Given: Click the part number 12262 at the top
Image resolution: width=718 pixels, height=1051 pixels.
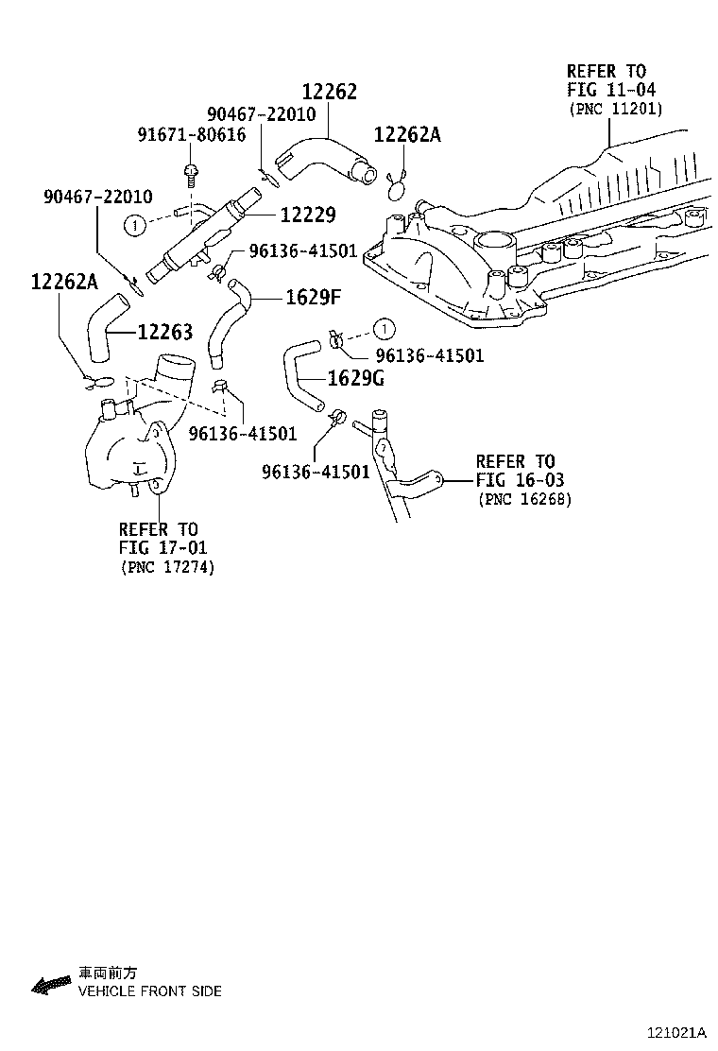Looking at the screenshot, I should coord(330,92).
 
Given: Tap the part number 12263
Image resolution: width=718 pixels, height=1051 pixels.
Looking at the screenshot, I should coord(164,332).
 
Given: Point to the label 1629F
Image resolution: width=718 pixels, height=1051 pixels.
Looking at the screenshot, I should coord(314,299).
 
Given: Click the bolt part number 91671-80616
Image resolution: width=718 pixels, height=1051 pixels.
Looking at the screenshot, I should coord(192,135).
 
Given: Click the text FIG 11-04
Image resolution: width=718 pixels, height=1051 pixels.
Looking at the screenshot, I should coord(611,90).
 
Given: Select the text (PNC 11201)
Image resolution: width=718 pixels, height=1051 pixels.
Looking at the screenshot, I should coord(615,110).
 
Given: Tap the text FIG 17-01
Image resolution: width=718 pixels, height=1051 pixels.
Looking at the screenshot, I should coord(162,547).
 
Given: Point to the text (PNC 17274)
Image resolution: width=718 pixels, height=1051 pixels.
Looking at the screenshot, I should coord(167,567).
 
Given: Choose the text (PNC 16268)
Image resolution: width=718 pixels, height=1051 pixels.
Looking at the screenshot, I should coord(524,499).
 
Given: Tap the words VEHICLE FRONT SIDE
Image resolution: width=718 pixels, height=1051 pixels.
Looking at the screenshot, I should coord(149,991).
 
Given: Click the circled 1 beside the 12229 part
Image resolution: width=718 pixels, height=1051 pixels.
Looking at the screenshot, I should coord(136,225).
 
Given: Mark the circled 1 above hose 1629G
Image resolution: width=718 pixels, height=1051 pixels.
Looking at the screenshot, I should coord(383,329).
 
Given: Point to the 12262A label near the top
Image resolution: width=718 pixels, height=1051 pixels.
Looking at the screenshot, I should coord(407,135).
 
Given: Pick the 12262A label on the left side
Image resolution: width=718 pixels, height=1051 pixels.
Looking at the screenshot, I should coord(64,281).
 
